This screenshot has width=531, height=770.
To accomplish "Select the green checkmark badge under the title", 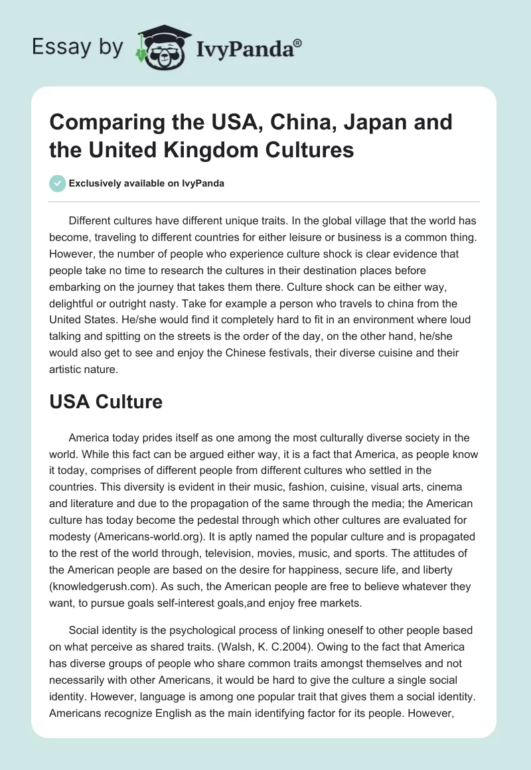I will coord(57,183).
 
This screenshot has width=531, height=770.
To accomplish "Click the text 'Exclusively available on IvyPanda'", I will coord(145,183).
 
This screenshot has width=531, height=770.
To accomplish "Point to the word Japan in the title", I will coord(359,122).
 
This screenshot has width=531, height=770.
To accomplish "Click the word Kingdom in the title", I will coord(235,149).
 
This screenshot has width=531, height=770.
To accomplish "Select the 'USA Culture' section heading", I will coord(106,402).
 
